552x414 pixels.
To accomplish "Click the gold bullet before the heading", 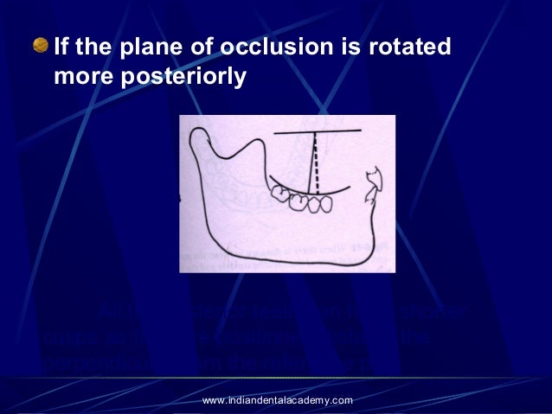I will (41, 45).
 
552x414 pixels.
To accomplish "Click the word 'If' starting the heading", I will (62, 46).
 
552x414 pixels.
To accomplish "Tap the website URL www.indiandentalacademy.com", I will (277, 399).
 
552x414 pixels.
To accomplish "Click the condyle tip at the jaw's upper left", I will (198, 132).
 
